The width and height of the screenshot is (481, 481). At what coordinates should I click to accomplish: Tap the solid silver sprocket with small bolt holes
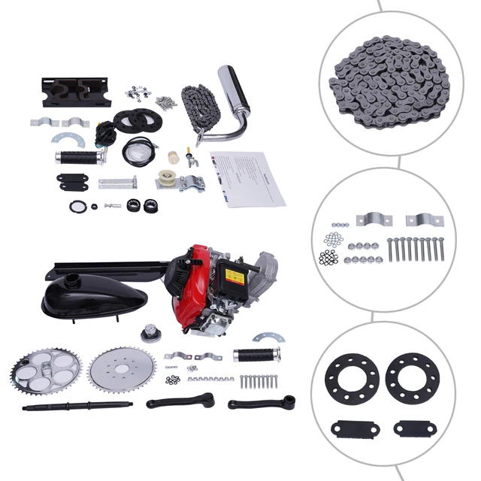pos(122,373)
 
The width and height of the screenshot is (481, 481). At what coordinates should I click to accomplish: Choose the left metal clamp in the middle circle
pos(370,219)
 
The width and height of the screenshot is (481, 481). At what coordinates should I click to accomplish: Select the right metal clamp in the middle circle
pos(424,220)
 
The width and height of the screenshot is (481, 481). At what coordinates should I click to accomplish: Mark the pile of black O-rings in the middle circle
pos(328,257)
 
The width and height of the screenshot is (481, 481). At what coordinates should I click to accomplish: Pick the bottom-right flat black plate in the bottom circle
pos(414,429)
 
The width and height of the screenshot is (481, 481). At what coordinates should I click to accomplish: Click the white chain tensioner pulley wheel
pos(164,180)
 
